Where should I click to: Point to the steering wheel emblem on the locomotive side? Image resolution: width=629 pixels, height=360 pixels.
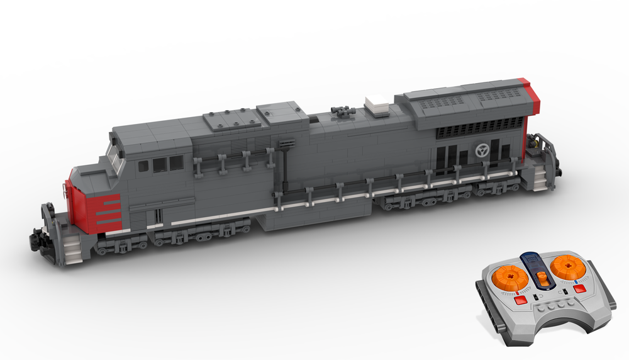(x=482, y=151)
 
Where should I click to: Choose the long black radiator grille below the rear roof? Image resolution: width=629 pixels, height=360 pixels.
(x=481, y=129)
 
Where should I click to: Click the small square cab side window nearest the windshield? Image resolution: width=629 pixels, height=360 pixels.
(x=143, y=166)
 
